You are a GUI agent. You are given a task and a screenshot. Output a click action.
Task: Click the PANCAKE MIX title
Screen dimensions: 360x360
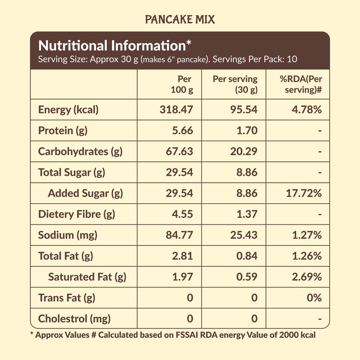pos(180,20)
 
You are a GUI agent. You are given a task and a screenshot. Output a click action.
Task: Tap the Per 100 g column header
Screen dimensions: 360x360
pos(182,85)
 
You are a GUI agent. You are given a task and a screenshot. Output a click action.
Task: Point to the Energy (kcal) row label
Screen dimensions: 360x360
pos(68,110)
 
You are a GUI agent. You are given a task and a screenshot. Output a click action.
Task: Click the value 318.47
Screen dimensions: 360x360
pos(176,110)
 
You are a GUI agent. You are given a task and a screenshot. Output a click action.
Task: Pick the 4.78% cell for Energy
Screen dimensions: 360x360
pos(307,110)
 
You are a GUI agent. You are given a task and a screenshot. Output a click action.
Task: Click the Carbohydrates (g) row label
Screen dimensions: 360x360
pos(80,151)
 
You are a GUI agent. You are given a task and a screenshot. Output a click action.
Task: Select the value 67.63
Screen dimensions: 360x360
pos(179,151)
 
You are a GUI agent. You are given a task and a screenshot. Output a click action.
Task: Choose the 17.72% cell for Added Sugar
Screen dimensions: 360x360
pos(304,193)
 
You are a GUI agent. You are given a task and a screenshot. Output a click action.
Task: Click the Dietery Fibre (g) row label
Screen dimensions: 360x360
pos(77,214)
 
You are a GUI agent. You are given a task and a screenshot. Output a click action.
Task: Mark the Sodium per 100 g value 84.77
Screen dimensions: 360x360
pos(179,235)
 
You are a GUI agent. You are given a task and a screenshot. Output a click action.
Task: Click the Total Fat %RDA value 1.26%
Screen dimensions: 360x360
pos(307,256)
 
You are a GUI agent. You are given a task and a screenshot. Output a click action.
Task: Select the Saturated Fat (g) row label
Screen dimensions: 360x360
pos(87,277)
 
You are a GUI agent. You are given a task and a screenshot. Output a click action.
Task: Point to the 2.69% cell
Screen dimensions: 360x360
pos(307,277)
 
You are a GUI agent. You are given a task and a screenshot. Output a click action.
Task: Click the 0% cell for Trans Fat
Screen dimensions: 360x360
pos(314,298)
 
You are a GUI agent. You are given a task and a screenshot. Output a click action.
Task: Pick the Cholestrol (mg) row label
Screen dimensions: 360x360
pos(74,319)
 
